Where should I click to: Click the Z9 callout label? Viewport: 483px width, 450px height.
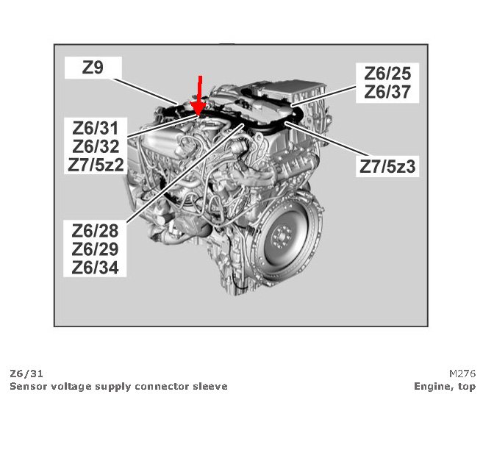click(x=93, y=68)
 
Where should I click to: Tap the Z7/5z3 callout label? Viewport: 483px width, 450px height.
click(x=387, y=166)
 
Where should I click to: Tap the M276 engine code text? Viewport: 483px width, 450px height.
click(x=462, y=374)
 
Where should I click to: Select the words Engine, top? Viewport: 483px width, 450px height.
click(x=445, y=386)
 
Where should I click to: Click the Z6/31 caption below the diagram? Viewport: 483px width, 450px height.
click(x=21, y=374)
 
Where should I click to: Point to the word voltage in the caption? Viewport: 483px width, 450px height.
click(x=70, y=386)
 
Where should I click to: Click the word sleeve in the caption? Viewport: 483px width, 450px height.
click(x=210, y=386)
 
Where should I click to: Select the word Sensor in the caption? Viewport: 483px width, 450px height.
click(x=27, y=386)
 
